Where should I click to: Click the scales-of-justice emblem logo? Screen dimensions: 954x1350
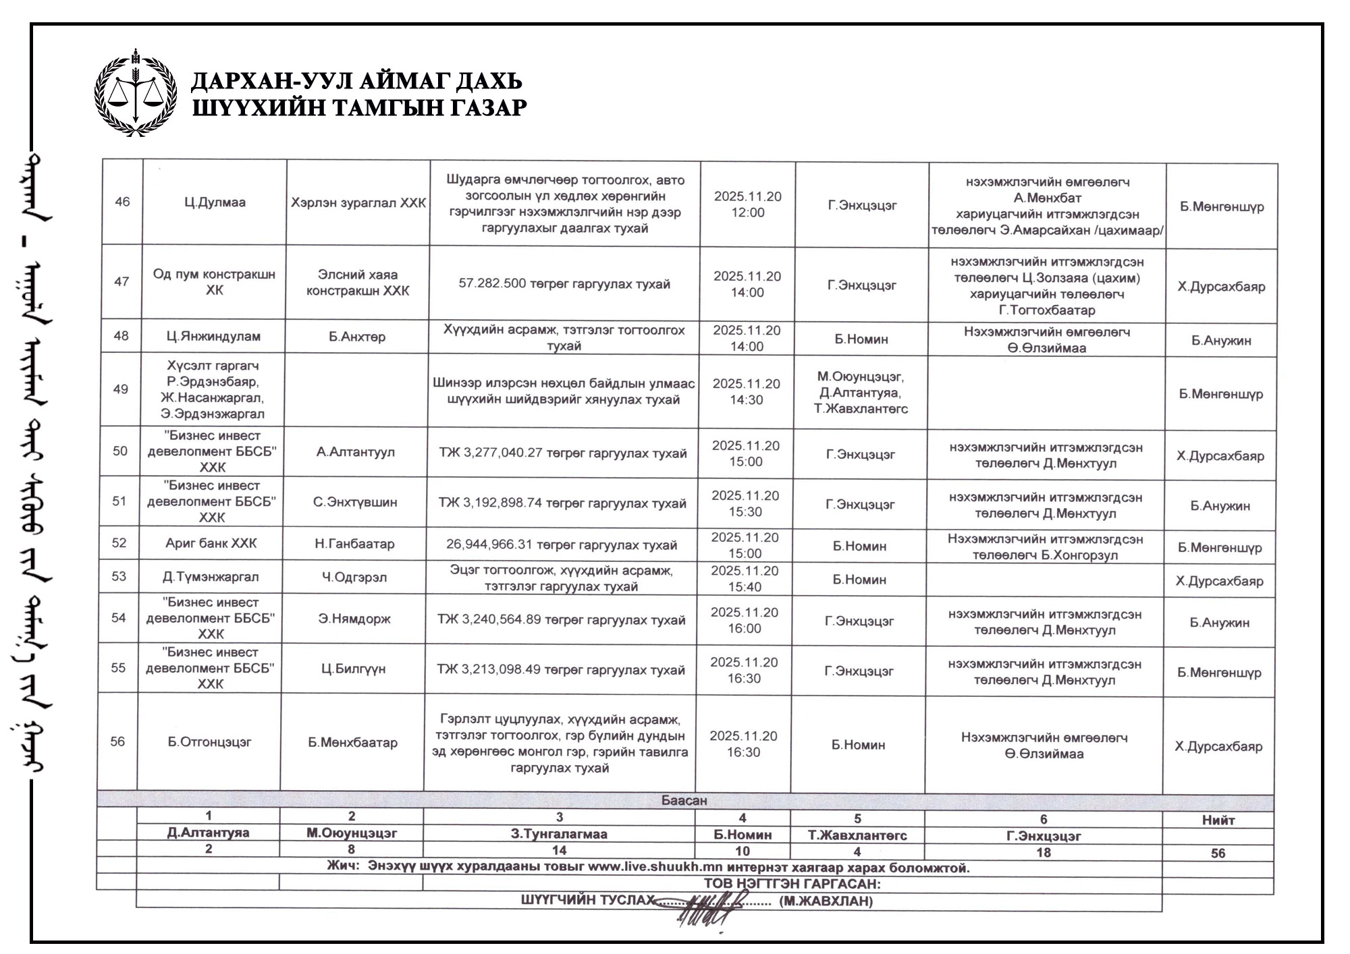click(136, 92)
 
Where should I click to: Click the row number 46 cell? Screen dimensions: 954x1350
click(122, 202)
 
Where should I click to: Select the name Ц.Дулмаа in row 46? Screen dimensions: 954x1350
click(215, 202)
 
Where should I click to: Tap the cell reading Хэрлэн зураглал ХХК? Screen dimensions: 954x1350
click(358, 203)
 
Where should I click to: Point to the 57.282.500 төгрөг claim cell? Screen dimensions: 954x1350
click(564, 284)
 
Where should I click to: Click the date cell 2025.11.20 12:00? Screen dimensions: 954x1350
click(748, 204)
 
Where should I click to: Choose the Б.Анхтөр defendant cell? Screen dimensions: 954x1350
click(357, 336)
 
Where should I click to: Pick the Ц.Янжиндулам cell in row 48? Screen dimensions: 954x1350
click(213, 336)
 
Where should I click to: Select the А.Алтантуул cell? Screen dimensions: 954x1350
click(356, 451)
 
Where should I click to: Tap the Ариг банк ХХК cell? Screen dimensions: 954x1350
click(211, 543)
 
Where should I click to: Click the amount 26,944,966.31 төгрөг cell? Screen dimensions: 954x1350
click(561, 545)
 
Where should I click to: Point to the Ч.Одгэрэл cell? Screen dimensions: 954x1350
click(354, 577)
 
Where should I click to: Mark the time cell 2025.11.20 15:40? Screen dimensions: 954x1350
click(744, 579)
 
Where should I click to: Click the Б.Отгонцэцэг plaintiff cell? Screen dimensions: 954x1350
click(209, 742)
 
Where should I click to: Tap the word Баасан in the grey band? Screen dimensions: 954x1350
click(684, 801)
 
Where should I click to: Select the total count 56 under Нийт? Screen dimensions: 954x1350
click(1218, 853)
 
